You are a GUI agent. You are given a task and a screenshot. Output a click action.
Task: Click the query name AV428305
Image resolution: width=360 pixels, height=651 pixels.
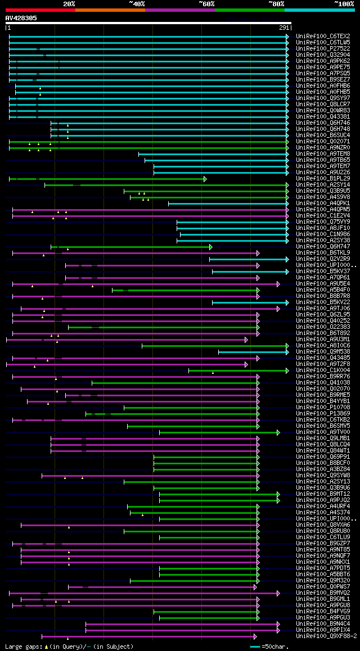click(x=21, y=18)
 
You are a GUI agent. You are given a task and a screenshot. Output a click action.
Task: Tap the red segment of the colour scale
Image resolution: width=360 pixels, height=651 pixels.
click(x=40, y=10)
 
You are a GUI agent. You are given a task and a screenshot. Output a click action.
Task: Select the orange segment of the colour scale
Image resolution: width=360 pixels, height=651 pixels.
click(x=110, y=10)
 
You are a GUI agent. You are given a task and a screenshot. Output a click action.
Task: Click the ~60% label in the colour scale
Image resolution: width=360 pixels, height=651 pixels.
click(x=206, y=4)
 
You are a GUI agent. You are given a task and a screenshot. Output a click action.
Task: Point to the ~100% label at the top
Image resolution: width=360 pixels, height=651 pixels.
click(x=344, y=4)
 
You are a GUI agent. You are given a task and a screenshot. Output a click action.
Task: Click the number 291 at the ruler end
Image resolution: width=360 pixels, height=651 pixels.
click(x=284, y=28)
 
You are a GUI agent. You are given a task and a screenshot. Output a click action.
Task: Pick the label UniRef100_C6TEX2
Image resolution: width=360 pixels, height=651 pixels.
click(x=323, y=37)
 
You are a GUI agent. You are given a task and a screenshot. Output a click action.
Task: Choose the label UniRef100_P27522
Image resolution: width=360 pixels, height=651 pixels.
click(x=323, y=49)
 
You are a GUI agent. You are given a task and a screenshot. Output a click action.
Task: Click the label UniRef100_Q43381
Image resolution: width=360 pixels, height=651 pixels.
click(x=323, y=117)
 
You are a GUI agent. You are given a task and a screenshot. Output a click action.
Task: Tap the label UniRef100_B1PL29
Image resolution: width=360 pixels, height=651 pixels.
click(x=323, y=179)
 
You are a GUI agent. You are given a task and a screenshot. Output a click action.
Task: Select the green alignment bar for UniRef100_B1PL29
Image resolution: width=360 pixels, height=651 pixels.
click(x=107, y=179)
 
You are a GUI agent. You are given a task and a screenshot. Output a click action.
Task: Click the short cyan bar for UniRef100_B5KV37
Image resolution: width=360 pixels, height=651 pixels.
click(x=250, y=272)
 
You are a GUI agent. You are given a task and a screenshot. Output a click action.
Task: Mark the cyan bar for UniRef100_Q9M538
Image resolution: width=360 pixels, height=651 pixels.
click(x=253, y=352)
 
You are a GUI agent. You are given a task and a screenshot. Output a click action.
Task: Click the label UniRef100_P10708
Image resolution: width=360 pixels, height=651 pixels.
click(x=323, y=408)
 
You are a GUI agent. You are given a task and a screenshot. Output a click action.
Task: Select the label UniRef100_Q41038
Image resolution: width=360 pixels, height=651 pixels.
click(x=323, y=383)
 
